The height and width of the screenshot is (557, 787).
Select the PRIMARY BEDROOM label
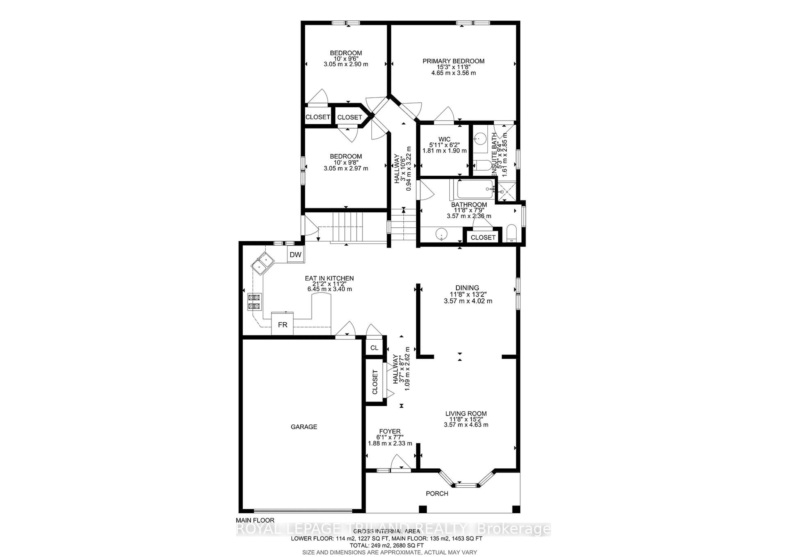tap(453, 61)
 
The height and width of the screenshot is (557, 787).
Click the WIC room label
tap(444, 139)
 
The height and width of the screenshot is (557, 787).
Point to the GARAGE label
tap(304, 427)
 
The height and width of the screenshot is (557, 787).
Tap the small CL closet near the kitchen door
tap(374, 348)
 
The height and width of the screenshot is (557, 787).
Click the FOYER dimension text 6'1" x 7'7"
tap(390, 437)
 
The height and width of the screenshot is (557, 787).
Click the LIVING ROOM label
tap(466, 414)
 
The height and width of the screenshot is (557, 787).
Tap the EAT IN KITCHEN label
tap(329, 278)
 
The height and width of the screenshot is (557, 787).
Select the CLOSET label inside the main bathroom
tap(483, 237)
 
